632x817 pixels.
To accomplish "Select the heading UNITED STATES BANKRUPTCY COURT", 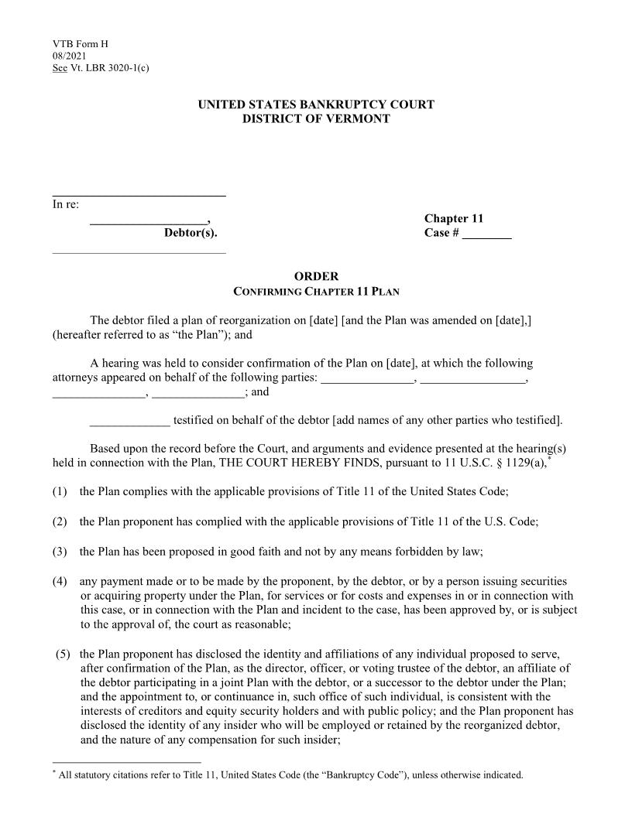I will (x=316, y=104).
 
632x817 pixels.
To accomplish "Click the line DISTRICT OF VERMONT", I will (x=316, y=118).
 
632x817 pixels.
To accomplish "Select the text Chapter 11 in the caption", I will (x=454, y=219).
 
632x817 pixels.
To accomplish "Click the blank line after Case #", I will (x=486, y=234).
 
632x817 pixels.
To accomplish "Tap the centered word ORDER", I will (x=316, y=276).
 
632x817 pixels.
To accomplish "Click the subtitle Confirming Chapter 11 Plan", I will (x=316, y=292).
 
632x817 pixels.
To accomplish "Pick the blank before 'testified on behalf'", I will (x=129, y=420).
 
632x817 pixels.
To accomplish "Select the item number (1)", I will (x=60, y=491).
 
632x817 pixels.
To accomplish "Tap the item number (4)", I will (x=60, y=581).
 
